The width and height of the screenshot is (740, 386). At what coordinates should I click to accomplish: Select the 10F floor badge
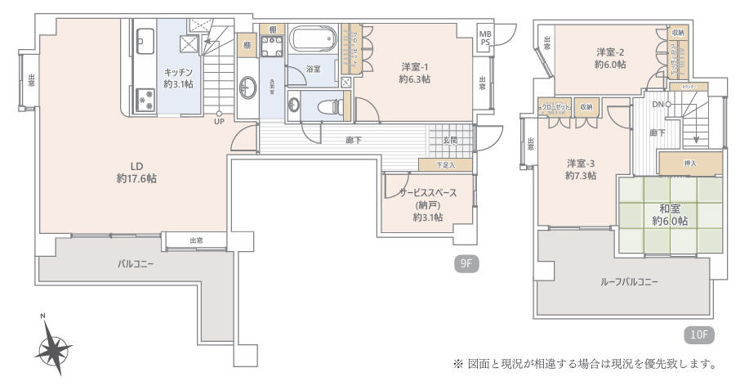tap(698, 334)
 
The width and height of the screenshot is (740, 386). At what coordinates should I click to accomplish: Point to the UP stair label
tap(218, 123)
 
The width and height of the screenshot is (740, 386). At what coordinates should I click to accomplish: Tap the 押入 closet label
tap(690, 164)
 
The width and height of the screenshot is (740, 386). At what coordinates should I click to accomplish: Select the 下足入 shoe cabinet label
tap(444, 165)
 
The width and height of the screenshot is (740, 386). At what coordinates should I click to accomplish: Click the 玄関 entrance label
tap(450, 141)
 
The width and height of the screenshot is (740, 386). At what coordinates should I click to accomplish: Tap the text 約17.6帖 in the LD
tap(136, 177)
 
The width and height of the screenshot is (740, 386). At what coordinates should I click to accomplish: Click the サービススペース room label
tap(427, 193)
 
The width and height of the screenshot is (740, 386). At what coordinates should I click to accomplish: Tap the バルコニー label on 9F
tap(135, 264)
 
